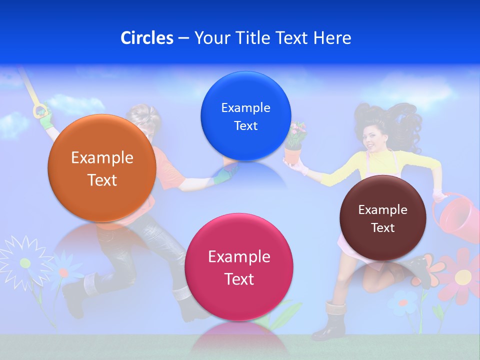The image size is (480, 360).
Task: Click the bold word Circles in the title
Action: [146, 38]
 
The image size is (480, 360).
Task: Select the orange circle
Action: [101, 168]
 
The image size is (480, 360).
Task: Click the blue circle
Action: [245, 116]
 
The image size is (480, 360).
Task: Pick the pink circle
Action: [239, 267]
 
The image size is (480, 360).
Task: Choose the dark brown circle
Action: [382, 218]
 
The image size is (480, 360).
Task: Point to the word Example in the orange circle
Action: [102, 158]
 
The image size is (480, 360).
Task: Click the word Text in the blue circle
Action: [245, 126]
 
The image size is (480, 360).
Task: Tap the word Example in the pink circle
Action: [239, 257]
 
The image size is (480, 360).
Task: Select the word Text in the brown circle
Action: [383, 228]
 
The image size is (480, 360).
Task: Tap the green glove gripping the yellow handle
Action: [45, 115]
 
